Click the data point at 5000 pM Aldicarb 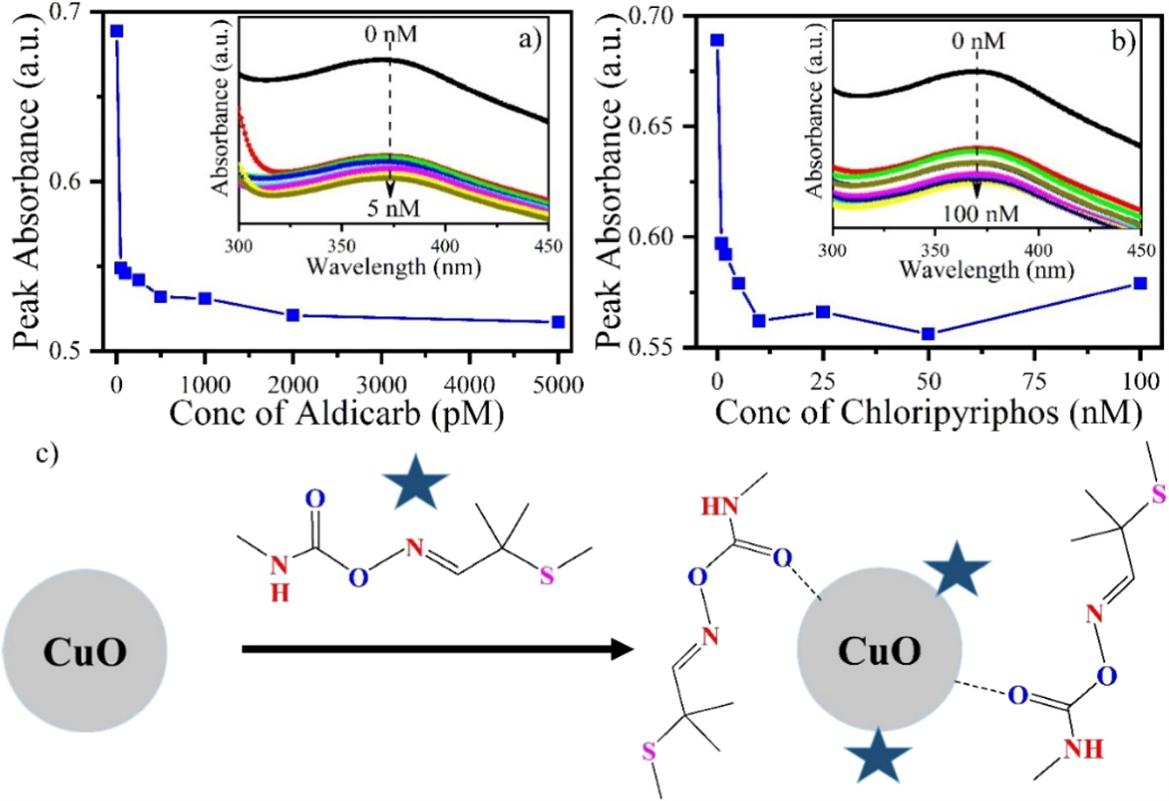[558, 322]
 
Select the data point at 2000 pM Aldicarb [293, 315]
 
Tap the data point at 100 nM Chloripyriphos [1140, 283]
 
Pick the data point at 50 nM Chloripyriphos [928, 334]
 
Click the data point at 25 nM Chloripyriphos [823, 311]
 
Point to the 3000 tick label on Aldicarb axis [381, 384]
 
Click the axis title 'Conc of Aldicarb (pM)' [336, 414]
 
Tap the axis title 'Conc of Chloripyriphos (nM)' [928, 413]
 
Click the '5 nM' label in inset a [393, 208]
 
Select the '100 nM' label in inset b [980, 214]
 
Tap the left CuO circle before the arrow [84, 650]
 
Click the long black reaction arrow [437, 650]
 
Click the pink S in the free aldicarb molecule [547, 576]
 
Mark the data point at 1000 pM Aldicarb [205, 298]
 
